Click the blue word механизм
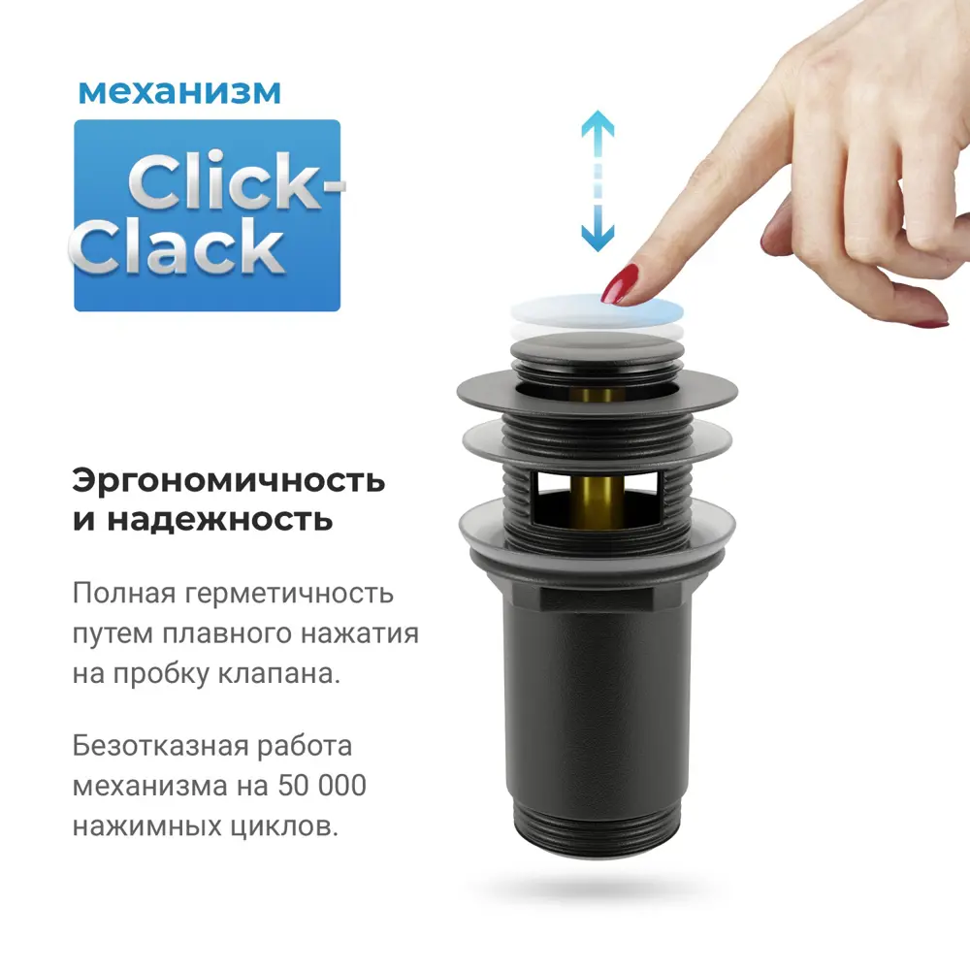[x=179, y=92]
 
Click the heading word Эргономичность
[x=229, y=481]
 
